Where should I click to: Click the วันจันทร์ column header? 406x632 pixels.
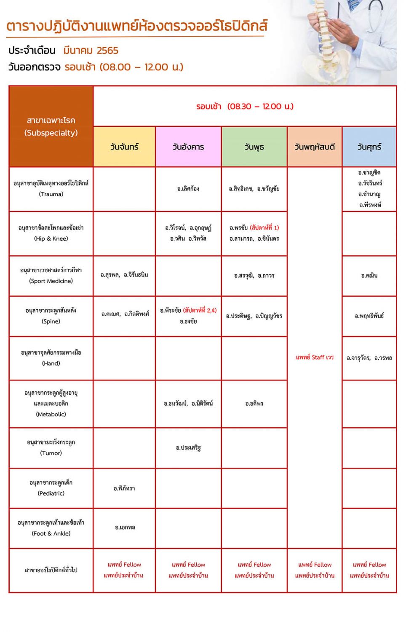124,147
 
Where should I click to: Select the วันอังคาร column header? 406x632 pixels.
188,147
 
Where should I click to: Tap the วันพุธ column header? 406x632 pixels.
254,147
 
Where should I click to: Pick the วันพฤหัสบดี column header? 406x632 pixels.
315,147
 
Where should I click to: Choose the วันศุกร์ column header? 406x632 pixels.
369,147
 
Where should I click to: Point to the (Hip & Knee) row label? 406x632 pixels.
51,238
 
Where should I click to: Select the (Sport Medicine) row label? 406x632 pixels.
51,281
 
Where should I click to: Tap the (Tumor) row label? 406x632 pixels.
51,453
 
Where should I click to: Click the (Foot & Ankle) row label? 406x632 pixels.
51,533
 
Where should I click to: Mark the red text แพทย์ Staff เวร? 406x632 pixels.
315,357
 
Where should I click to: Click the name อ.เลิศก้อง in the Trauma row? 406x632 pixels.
188,189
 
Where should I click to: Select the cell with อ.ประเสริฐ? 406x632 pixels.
188,447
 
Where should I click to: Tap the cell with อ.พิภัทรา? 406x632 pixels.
124,488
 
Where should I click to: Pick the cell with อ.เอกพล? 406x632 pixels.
125,528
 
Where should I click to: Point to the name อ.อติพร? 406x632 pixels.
254,404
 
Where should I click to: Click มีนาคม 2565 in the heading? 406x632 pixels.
91,51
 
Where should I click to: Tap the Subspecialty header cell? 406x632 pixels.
51,126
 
